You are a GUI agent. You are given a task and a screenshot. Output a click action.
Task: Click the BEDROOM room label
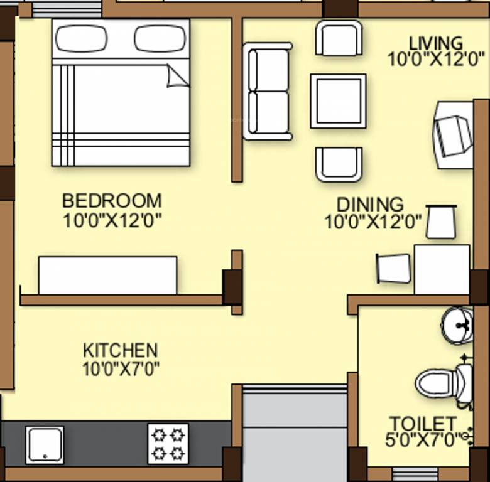click(x=112, y=201)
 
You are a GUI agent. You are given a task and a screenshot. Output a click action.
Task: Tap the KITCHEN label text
click(x=120, y=350)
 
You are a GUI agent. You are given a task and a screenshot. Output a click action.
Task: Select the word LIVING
click(x=435, y=43)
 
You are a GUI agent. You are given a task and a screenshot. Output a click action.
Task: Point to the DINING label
click(x=370, y=205)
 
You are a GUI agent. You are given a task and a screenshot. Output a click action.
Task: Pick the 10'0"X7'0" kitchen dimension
click(x=120, y=368)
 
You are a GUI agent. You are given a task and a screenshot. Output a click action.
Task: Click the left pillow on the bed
click(x=81, y=39)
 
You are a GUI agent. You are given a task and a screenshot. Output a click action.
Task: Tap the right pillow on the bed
click(x=160, y=39)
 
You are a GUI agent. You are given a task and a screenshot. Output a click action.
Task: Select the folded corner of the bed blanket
click(x=178, y=77)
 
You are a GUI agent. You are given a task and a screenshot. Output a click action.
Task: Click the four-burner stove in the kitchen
click(x=168, y=443)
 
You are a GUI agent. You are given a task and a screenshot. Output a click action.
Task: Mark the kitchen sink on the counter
click(x=45, y=445)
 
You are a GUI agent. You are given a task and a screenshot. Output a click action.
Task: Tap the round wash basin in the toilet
click(x=457, y=325)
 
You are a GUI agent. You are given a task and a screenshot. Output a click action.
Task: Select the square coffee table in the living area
click(x=338, y=101)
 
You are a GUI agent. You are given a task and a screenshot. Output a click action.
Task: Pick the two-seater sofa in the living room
click(x=268, y=91)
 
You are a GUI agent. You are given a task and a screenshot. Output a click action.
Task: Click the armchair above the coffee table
click(x=339, y=38)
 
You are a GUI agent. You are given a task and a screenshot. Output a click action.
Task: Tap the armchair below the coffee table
click(x=339, y=164)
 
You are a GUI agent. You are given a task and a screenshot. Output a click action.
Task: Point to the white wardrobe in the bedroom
click(x=107, y=275)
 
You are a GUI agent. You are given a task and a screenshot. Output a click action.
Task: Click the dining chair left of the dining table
click(x=393, y=268)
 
